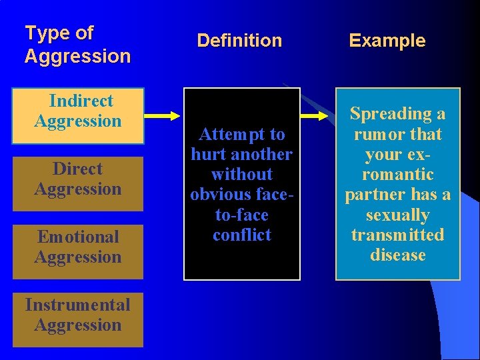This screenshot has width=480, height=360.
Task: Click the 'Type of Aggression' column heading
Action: coord(77,45)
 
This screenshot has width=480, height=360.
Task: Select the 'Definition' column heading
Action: coord(239,41)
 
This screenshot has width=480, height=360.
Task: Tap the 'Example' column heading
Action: coord(387,41)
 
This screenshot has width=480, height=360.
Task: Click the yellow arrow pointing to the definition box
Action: coord(164,116)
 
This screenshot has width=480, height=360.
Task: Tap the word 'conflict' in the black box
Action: coord(242,235)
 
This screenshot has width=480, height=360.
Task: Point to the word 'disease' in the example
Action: coord(398,255)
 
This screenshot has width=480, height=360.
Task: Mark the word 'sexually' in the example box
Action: coord(398,215)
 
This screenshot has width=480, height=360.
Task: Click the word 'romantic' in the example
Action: coord(398,175)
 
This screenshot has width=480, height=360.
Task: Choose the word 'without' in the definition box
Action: coord(242,175)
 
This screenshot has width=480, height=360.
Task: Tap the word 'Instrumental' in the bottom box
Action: coord(78,305)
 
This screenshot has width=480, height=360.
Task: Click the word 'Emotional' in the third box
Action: coord(78,237)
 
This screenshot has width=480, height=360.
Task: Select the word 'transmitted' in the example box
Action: coord(398,235)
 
